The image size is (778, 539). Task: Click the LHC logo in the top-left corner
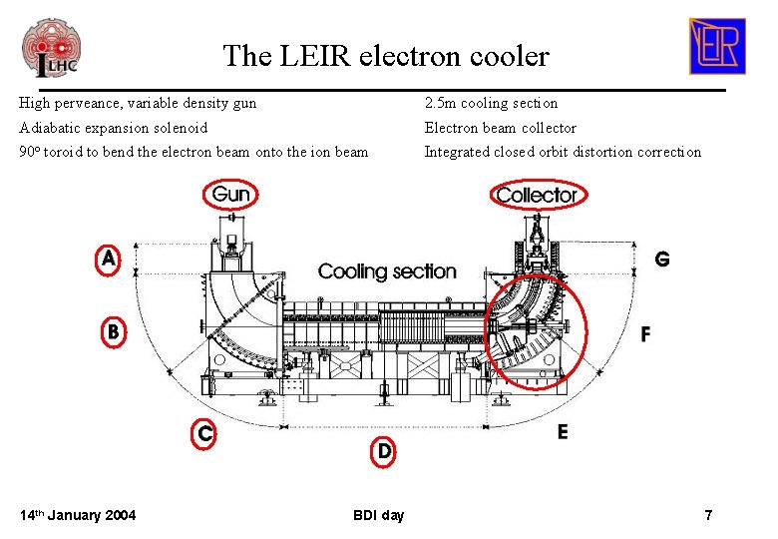click(x=51, y=47)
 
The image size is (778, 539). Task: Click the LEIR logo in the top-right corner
click(x=716, y=46)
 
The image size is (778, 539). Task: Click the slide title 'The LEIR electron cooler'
click(x=385, y=55)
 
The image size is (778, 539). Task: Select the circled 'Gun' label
click(x=231, y=194)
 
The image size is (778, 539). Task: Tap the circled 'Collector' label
click(x=537, y=195)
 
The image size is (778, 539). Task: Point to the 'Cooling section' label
click(x=387, y=270)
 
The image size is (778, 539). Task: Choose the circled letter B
click(x=115, y=330)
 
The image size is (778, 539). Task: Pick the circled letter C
click(x=204, y=432)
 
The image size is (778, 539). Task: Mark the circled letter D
click(x=384, y=451)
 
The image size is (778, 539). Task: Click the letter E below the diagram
click(x=563, y=432)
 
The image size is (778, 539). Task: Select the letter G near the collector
click(x=661, y=259)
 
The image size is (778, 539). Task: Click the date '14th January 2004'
click(x=78, y=515)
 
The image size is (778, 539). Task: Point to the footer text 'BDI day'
click(x=379, y=515)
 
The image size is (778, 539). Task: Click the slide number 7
click(x=708, y=515)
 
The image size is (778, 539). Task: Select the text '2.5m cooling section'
click(x=491, y=103)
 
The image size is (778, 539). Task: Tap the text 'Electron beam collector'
click(x=500, y=128)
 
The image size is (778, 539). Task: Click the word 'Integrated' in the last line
click(x=456, y=152)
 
